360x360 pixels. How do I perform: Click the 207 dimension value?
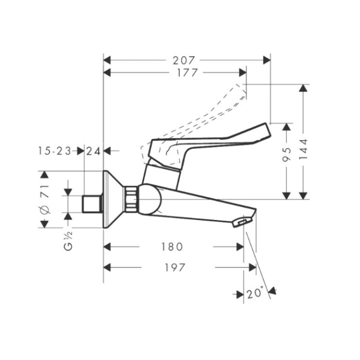(183, 60)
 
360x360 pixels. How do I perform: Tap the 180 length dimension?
(171, 247)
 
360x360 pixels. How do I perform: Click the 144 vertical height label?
(303, 149)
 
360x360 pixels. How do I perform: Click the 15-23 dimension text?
(54, 150)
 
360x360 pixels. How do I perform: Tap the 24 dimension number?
(93, 150)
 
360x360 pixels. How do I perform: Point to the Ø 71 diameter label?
(44, 199)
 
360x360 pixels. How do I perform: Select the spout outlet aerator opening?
(241, 221)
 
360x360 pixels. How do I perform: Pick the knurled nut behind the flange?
(131, 200)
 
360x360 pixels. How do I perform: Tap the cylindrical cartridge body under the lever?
(161, 176)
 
